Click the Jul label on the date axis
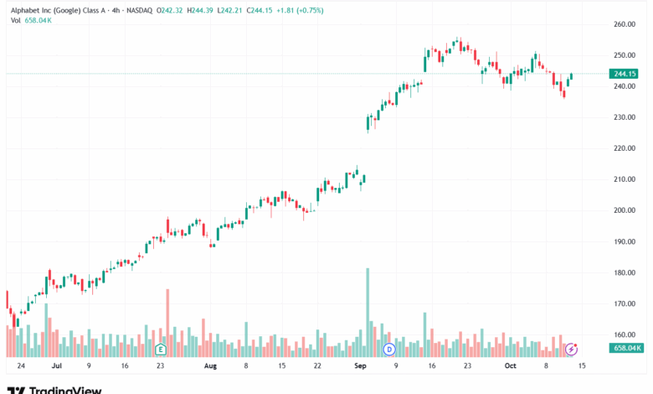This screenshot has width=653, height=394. (x=56, y=365)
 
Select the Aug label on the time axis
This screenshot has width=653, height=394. (x=210, y=365)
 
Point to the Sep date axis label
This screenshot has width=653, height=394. (x=360, y=365)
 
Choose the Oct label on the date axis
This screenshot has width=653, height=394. (x=510, y=365)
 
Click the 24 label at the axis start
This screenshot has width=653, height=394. (x=20, y=365)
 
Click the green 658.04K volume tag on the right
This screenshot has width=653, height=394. (x=627, y=348)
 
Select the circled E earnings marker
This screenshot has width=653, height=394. (x=160, y=348)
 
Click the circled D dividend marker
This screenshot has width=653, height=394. (x=388, y=348)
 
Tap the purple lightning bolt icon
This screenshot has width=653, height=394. (x=572, y=348)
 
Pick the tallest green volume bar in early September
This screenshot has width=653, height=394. (x=367, y=310)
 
